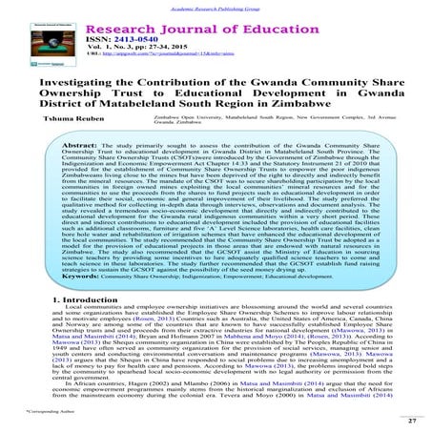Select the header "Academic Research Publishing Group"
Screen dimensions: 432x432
click(216, 5)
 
